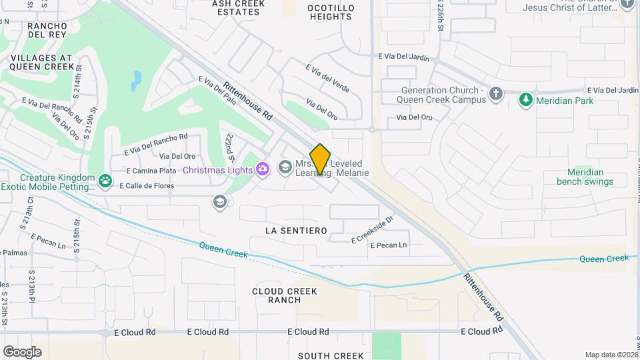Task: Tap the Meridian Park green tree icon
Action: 526,100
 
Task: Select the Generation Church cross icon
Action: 495,94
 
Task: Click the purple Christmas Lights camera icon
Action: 263,169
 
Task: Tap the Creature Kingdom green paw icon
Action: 105,180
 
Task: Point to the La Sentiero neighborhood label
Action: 296,231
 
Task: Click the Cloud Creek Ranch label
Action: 285,295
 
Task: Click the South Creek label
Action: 331,355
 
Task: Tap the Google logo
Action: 22,351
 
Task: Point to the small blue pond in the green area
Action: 136,81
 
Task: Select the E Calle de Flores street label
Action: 145,185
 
